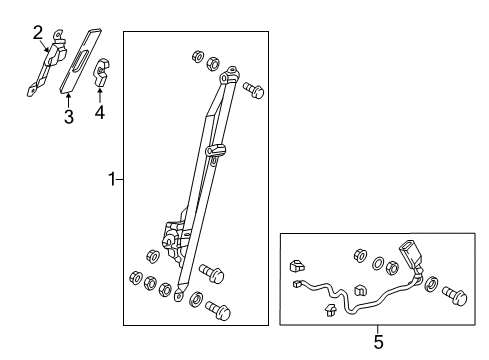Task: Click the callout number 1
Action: pyautogui.click(x=112, y=180)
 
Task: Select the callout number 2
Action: pyautogui.click(x=37, y=34)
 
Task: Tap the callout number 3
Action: pyautogui.click(x=69, y=118)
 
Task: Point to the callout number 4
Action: pyautogui.click(x=99, y=113)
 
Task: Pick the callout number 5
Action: pyautogui.click(x=378, y=343)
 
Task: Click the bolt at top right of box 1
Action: pyautogui.click(x=253, y=91)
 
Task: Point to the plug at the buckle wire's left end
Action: pyautogui.click(x=299, y=286)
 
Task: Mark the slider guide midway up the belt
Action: pyautogui.click(x=212, y=153)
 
